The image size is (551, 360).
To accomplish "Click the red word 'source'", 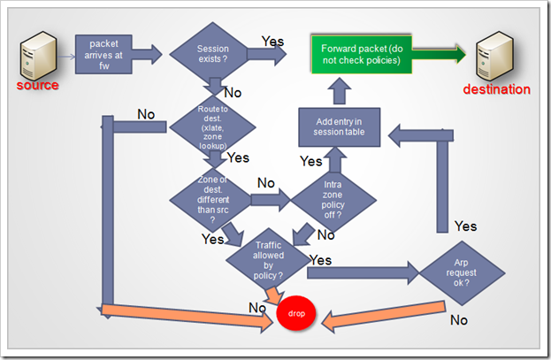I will [x=37, y=86].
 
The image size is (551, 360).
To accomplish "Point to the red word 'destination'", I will [x=496, y=89].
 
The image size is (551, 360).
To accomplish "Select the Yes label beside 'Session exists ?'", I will [x=273, y=41].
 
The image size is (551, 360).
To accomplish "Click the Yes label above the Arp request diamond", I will [x=465, y=226].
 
